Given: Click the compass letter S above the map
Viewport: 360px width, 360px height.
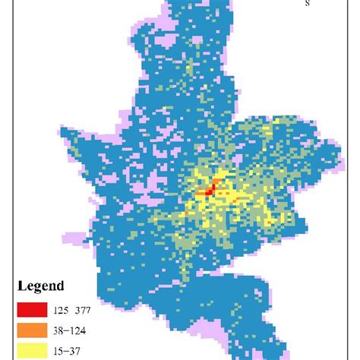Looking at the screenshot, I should [308, 4].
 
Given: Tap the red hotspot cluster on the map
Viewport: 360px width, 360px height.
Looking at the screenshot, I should [209, 190].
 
